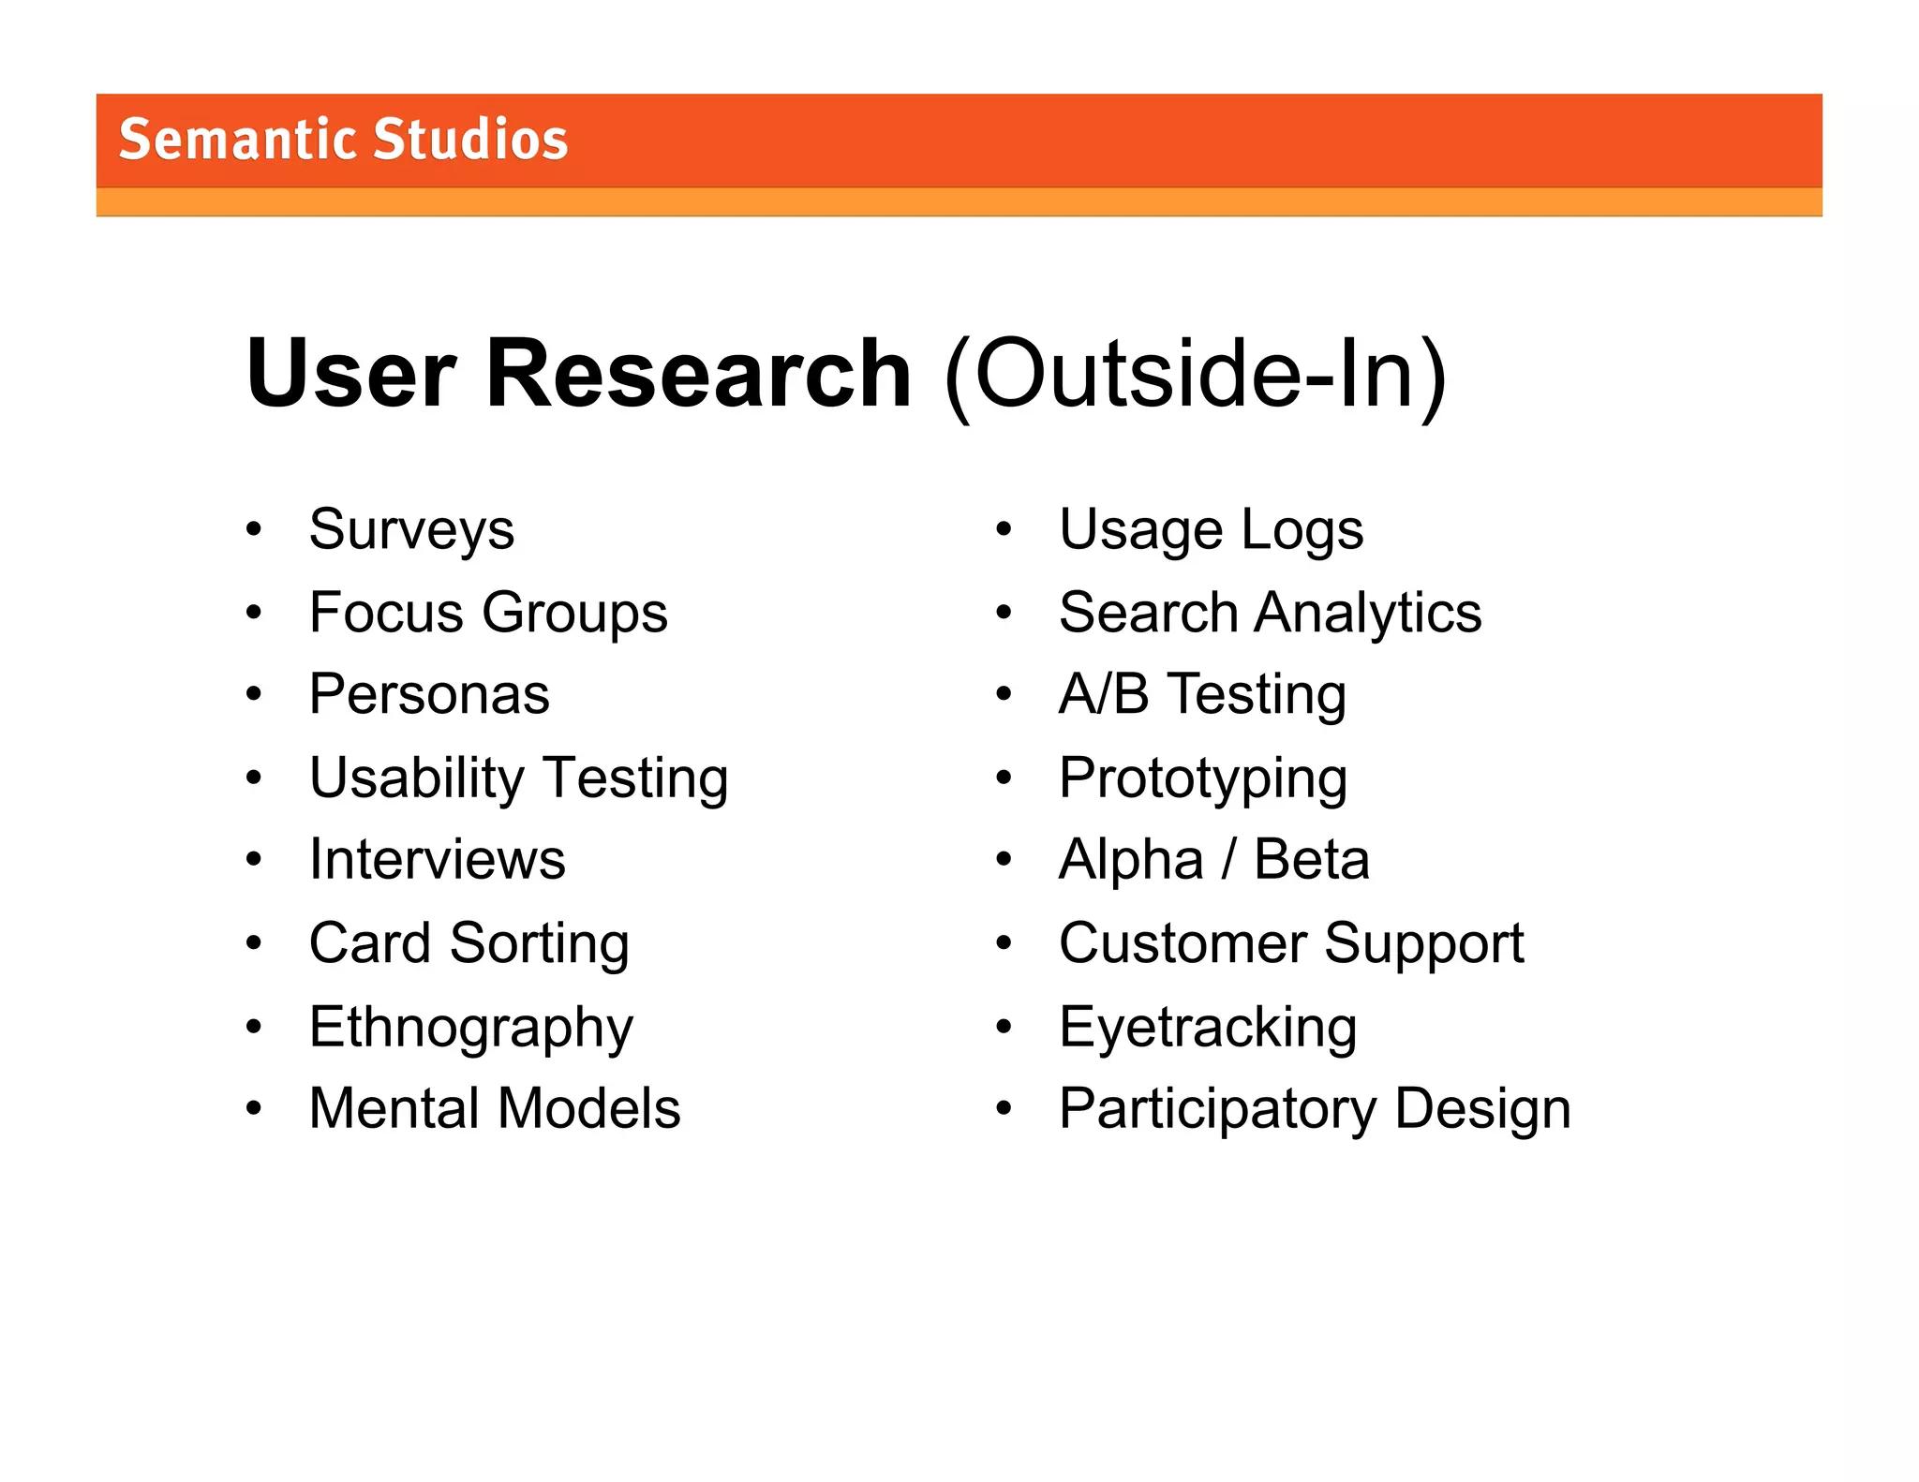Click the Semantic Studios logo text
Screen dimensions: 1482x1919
343,141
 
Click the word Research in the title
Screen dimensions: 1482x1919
698,374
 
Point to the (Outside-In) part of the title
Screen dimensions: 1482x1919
1196,376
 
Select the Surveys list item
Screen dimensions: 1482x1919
411,530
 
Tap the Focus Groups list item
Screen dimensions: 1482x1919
488,613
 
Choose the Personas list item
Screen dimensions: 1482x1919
429,695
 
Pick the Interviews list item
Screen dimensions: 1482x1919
438,860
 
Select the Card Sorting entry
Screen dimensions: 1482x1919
469,943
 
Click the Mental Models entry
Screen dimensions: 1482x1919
495,1108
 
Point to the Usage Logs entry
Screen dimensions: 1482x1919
1211,530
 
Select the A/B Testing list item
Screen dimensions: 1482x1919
1202,695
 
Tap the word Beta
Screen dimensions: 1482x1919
1311,860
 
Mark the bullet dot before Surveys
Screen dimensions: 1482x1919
254,530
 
